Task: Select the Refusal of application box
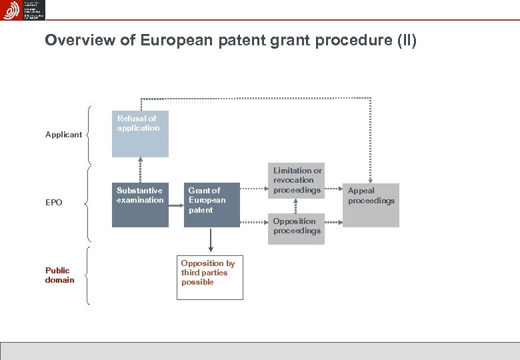coord(140,134)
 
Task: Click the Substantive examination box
coord(140,205)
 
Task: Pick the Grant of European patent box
coord(212,205)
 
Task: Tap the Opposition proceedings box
coord(297,229)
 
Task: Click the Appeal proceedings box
coord(371,205)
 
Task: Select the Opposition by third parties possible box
coord(210,277)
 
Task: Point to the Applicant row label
coord(63,135)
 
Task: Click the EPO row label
coord(54,202)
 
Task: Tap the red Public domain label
coord(59,275)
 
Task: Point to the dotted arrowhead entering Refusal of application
coord(140,161)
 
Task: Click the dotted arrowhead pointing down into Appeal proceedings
coord(371,179)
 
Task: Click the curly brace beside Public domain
coord(89,275)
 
